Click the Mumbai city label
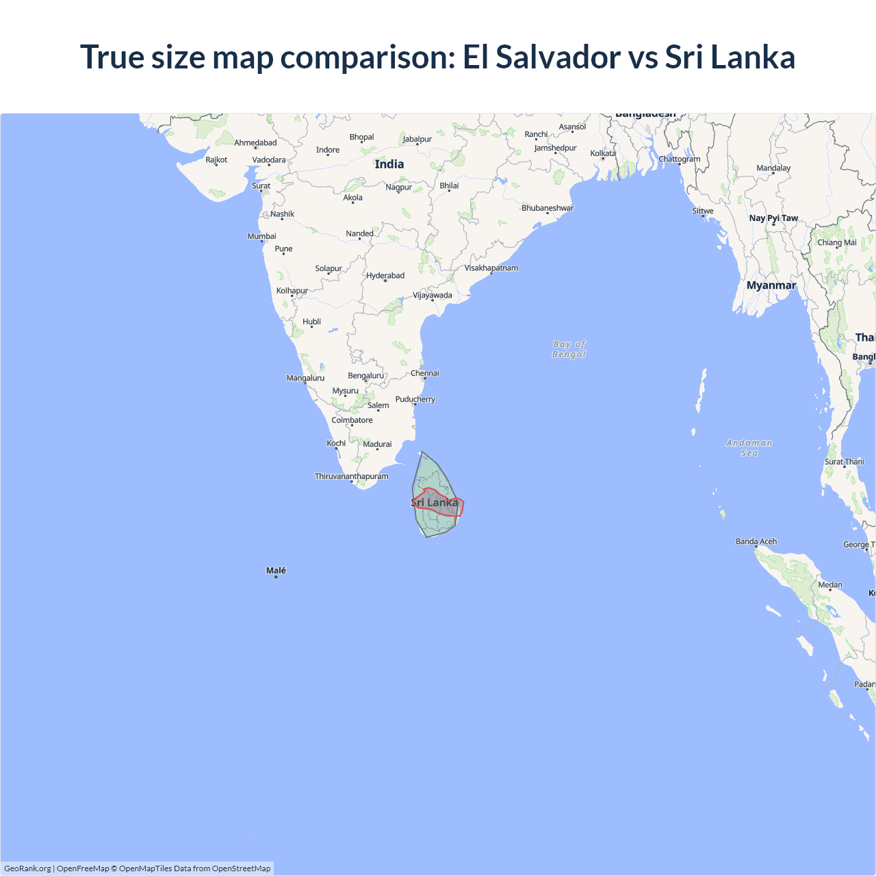[262, 236]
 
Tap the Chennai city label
[425, 373]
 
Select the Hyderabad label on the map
[385, 276]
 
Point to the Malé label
[276, 571]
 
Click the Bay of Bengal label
[569, 349]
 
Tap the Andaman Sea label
[749, 448]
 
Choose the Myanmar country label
[771, 285]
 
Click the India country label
[389, 164]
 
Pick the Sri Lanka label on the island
[435, 502]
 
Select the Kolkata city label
[603, 153]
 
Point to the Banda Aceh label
[756, 541]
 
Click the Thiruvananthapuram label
[351, 476]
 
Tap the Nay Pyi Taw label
[773, 218]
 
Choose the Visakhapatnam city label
[491, 268]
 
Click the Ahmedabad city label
[255, 143]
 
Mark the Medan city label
[830, 584]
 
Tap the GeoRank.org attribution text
[27, 868]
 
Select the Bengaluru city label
[365, 376]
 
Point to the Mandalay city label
[773, 168]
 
